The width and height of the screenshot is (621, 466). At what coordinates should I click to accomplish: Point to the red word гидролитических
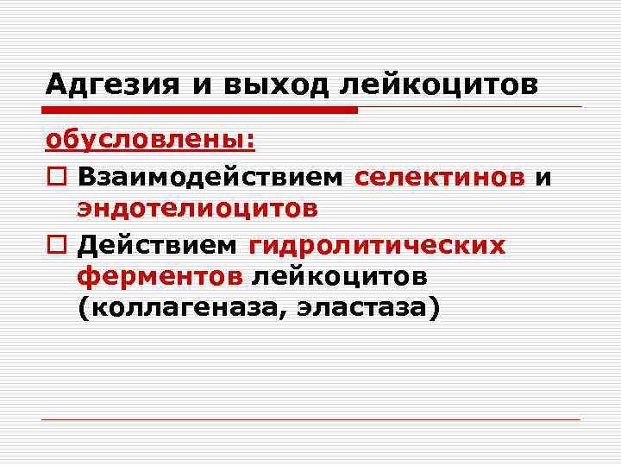coord(377,244)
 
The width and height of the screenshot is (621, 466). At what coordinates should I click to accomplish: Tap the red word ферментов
coord(160,277)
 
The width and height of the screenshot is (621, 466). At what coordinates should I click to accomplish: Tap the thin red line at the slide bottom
coord(310,420)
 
